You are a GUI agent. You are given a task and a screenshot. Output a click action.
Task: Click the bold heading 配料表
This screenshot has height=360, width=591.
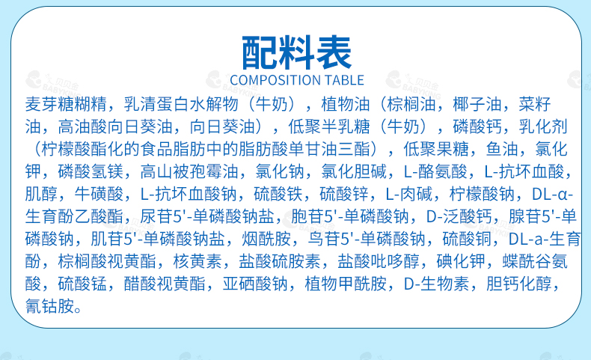[297, 52]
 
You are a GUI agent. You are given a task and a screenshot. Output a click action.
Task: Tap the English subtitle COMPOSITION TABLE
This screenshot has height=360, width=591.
[297, 80]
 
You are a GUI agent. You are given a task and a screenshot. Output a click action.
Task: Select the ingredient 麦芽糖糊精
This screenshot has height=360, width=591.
[66, 104]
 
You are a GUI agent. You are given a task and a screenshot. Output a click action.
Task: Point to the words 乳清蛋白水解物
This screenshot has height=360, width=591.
[181, 104]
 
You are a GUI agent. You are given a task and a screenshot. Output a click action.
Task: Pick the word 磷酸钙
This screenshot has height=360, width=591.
[477, 126]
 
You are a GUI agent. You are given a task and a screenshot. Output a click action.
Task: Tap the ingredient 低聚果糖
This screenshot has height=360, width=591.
[435, 149]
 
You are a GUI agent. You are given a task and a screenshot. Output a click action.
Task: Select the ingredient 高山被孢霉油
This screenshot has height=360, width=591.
[189, 171]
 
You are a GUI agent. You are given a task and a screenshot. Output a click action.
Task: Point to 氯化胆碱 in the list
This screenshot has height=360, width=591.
[354, 171]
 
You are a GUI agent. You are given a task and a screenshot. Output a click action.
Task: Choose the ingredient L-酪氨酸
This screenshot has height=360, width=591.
[435, 171]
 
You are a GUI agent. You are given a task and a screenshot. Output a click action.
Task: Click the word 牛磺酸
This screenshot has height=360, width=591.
[99, 194]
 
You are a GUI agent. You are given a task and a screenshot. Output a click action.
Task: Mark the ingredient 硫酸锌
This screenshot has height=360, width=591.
[344, 194]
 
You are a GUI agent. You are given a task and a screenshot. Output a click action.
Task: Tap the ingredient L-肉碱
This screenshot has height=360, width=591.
[409, 194]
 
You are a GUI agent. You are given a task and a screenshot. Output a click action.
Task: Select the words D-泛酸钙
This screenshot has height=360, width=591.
[459, 216]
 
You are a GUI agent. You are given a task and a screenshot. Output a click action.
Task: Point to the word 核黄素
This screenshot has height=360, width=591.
[197, 261]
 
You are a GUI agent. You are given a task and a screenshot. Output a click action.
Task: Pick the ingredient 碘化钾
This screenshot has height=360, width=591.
[461, 261]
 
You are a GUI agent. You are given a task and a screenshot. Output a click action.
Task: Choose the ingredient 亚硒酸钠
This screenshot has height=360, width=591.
[255, 284]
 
